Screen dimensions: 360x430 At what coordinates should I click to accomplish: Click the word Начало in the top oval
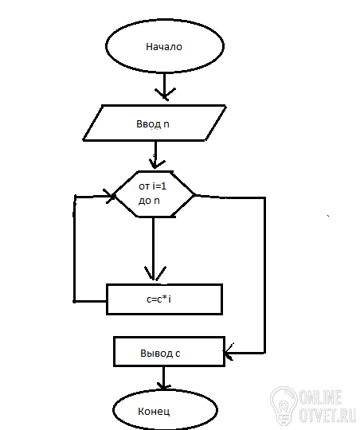pyautogui.click(x=164, y=47)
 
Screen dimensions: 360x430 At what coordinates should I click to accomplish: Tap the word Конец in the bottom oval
pyautogui.click(x=154, y=411)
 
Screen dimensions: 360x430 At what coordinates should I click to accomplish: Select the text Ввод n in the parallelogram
pyautogui.click(x=153, y=124)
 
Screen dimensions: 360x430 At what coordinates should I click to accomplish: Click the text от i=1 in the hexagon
pyautogui.click(x=153, y=186)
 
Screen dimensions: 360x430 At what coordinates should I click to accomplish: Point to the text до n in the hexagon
pyautogui.click(x=149, y=201)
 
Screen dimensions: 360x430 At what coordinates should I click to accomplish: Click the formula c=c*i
pyautogui.click(x=158, y=299)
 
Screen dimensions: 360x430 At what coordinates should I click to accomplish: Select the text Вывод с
pyautogui.click(x=160, y=354)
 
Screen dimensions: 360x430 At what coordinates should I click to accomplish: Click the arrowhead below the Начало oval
pyautogui.click(x=165, y=94)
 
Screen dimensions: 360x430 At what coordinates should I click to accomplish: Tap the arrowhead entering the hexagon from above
pyautogui.click(x=156, y=163)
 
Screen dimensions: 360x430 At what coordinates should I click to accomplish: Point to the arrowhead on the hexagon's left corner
pyautogui.click(x=110, y=196)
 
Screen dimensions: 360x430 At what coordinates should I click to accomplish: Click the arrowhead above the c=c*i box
pyautogui.click(x=155, y=273)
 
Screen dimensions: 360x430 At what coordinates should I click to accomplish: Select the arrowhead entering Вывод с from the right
pyautogui.click(x=229, y=352)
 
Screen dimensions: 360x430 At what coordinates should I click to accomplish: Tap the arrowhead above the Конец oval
pyautogui.click(x=164, y=386)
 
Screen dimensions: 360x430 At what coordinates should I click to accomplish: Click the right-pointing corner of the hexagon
pyautogui.click(x=194, y=195)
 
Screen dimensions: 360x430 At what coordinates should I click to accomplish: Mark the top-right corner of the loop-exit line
pyautogui.click(x=264, y=197)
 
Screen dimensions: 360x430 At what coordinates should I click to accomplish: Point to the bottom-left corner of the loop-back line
pyautogui.click(x=74, y=301)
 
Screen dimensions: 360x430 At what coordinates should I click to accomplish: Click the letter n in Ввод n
pyautogui.click(x=166, y=124)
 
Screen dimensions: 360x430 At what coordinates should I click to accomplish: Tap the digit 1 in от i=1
pyautogui.click(x=164, y=186)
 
